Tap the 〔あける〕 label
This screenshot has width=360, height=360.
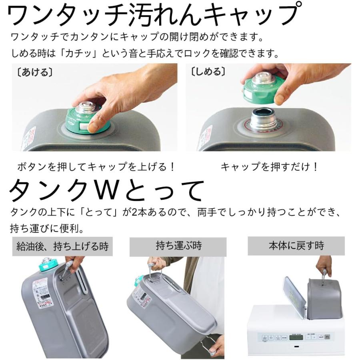[x=32, y=73]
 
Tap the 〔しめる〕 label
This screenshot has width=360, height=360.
[x=208, y=72]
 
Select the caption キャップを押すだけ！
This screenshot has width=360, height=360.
[x=269, y=166]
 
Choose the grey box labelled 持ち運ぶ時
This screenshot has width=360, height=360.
[x=178, y=246]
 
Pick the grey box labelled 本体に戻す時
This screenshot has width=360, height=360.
[x=296, y=246]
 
